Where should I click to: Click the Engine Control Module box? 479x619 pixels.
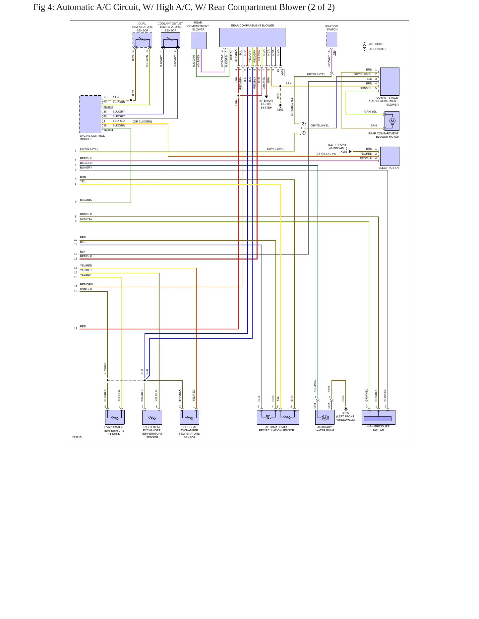coord(90,114)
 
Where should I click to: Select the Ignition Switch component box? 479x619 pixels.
coord(332,40)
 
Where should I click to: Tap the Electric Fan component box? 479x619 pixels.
coord(390,156)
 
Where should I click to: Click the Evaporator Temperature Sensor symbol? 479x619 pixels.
coord(115,417)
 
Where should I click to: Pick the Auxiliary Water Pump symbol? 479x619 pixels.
coord(325,417)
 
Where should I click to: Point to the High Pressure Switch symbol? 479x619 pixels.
coord(378,417)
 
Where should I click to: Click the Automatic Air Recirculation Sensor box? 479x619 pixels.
coord(278,417)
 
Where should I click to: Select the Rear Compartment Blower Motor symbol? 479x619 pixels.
coord(392,121)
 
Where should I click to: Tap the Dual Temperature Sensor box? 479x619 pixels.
coord(143,40)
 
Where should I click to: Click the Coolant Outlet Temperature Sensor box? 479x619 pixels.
coord(170,40)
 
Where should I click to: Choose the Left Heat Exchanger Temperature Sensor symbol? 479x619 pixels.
coord(189,417)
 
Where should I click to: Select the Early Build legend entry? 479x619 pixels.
coord(374,49)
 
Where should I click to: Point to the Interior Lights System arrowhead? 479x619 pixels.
coord(266,97)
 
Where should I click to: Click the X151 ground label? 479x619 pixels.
coord(280,110)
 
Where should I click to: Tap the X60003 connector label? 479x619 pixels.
coord(108,107)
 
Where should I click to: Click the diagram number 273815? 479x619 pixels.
coord(77,437)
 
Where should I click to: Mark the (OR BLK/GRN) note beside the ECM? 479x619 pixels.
coord(143,121)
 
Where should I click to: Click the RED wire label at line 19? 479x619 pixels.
coord(83,326)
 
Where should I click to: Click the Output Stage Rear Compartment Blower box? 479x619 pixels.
coord(390,81)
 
